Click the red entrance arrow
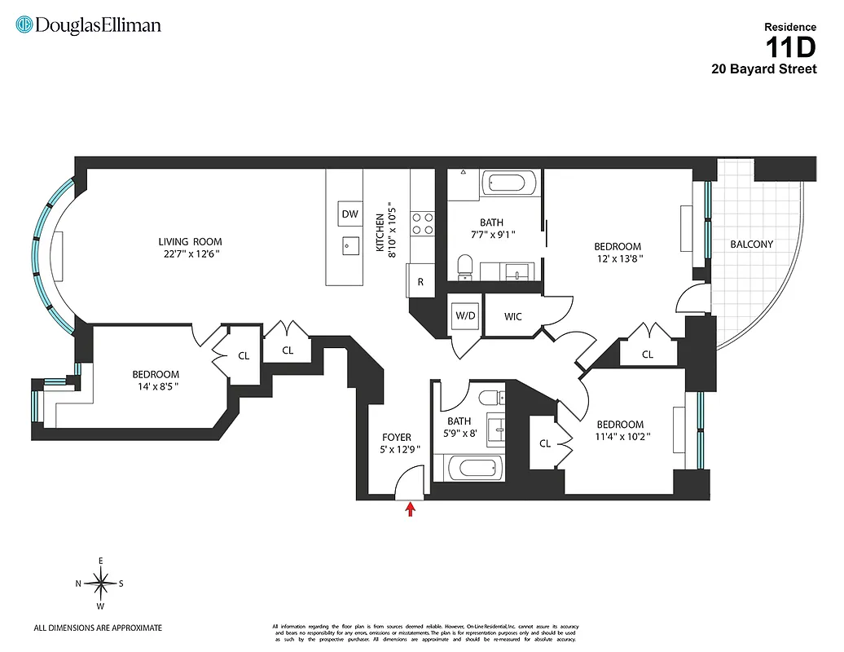coord(411,509)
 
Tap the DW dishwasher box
coord(349,214)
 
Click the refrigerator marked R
coord(420,282)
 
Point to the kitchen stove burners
coord(422,223)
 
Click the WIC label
coord(512,316)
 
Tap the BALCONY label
coord(751,244)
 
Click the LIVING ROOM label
coord(190,241)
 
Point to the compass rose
coord(100,583)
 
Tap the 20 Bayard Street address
coord(763,69)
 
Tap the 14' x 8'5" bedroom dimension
coord(155,387)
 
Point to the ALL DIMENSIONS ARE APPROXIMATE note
coord(98,628)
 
